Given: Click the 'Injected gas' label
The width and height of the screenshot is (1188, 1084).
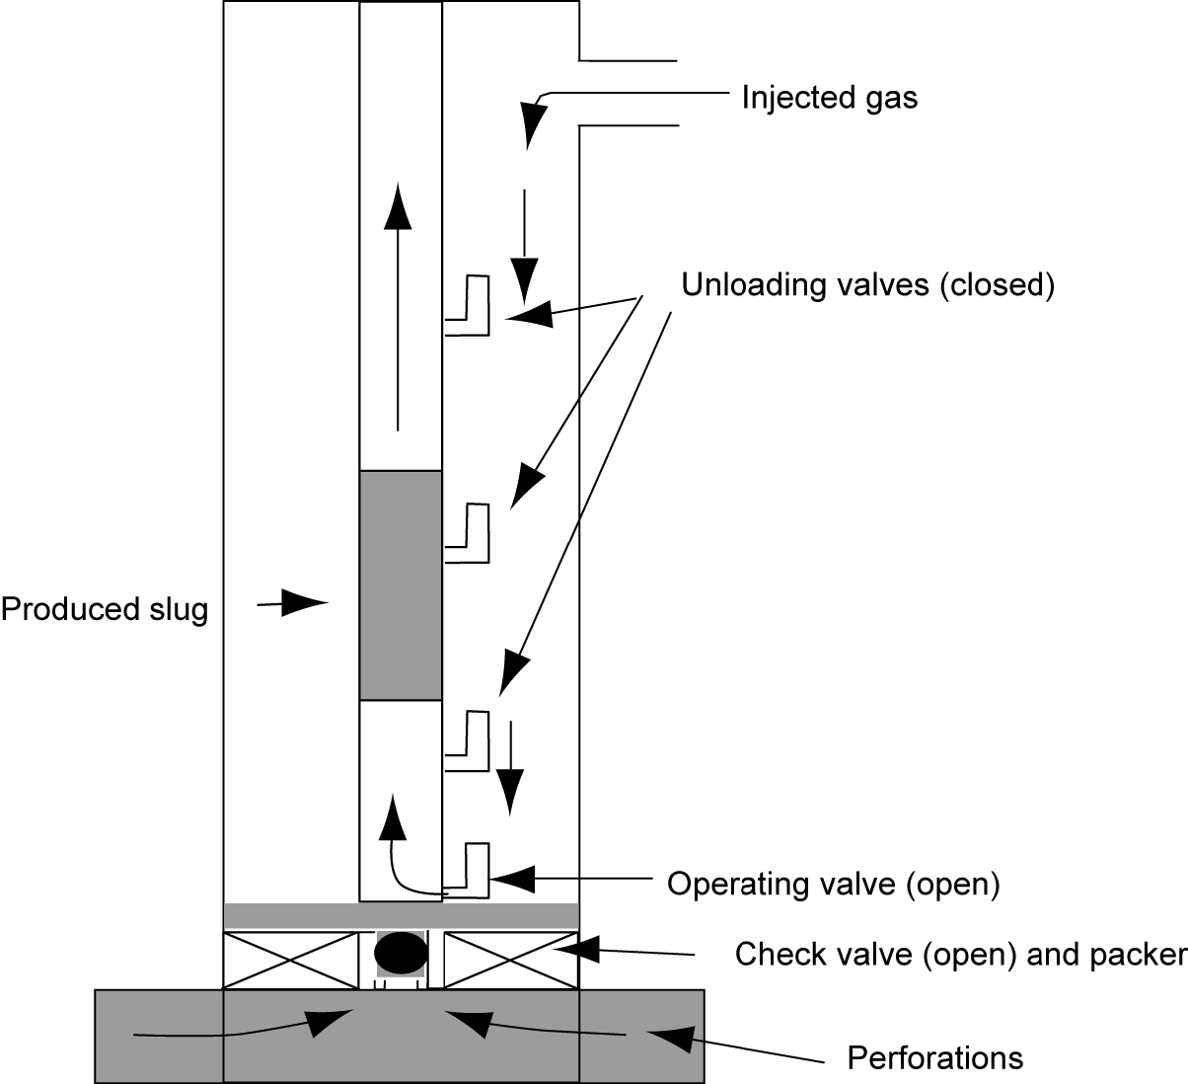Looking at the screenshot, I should [829, 98].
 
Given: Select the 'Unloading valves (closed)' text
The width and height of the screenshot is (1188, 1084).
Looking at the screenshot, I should [868, 285].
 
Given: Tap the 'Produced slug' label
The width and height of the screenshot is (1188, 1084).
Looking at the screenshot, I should [105, 609].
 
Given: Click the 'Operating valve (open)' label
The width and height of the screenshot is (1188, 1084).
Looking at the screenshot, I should [834, 883].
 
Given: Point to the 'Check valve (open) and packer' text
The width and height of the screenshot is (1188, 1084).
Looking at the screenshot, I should [960, 955].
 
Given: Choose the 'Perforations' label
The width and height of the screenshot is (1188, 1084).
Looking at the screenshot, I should [935, 1058].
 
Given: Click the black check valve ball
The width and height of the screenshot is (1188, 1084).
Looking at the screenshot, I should [401, 954].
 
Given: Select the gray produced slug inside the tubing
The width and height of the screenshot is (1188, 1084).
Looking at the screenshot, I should [400, 585].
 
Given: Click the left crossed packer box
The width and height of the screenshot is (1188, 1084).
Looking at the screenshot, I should [291, 959].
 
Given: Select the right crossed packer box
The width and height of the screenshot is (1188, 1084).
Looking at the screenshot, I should [510, 959].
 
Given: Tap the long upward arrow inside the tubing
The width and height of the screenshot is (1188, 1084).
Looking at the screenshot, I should [398, 306].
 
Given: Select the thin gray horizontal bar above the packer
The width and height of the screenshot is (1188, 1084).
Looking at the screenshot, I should [401, 915].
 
